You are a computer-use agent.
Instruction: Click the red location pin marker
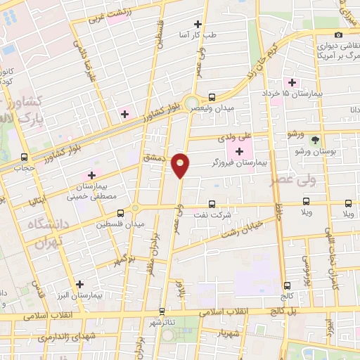tap(181, 165)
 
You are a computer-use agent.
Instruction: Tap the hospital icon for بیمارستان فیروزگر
tap(239, 151)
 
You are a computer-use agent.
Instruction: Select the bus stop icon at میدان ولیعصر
tap(212, 97)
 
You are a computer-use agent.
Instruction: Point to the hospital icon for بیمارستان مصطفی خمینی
tap(91, 175)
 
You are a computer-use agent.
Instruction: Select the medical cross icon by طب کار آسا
tap(205, 24)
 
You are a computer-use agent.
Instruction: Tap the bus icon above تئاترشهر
tap(162, 311)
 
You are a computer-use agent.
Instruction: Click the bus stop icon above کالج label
tap(286, 285)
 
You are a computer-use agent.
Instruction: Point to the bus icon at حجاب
tap(25, 157)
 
